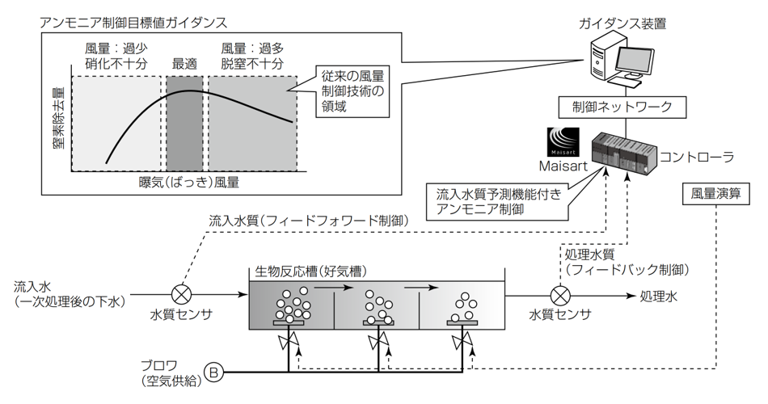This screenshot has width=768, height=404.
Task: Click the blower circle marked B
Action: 213,372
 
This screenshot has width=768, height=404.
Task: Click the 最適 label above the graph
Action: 185,63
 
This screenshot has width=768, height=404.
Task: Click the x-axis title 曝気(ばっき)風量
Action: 188,183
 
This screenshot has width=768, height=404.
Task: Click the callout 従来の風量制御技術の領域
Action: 348,90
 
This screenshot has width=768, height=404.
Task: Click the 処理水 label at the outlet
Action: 656,295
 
